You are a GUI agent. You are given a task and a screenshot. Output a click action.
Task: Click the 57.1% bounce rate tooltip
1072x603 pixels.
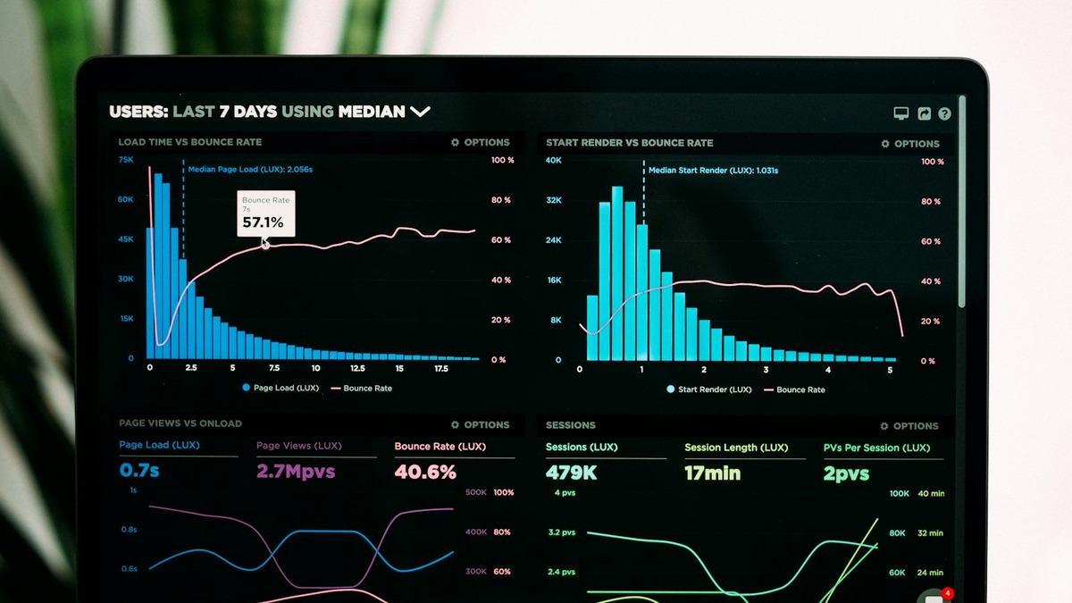(265, 214)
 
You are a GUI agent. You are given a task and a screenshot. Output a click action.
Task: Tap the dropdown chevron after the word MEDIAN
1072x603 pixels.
(420, 112)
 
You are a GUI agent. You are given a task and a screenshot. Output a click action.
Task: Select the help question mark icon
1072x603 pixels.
(944, 113)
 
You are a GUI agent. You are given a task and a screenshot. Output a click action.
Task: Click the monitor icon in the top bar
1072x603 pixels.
(900, 113)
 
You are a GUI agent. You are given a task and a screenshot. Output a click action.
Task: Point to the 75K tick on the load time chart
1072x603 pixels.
(126, 160)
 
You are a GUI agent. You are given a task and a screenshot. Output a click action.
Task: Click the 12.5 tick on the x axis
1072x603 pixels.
(357, 368)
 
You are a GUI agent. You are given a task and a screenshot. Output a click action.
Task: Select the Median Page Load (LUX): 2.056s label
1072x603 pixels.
(250, 168)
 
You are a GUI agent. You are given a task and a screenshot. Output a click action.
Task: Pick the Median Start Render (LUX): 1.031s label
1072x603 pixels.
(713, 170)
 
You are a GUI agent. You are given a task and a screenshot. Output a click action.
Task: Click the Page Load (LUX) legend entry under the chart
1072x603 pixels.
(280, 389)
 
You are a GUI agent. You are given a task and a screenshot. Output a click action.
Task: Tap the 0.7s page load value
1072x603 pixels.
(139, 470)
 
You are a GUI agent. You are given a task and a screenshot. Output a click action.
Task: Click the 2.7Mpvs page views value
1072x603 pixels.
(296, 471)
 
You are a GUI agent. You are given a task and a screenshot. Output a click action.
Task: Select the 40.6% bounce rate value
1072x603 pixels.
(425, 472)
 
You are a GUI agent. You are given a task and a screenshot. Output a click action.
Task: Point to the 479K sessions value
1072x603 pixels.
(571, 473)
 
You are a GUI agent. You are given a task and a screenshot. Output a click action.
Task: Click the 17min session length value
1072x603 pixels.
(712, 473)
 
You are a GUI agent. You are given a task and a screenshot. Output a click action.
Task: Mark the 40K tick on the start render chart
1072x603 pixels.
(554, 161)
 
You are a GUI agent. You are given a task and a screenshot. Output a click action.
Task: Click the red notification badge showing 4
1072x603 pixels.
(948, 593)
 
